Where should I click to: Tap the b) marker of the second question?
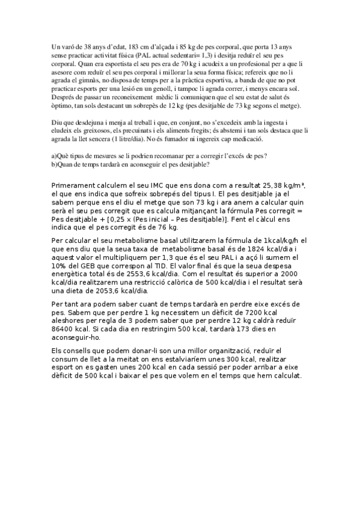click(x=54, y=164)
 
